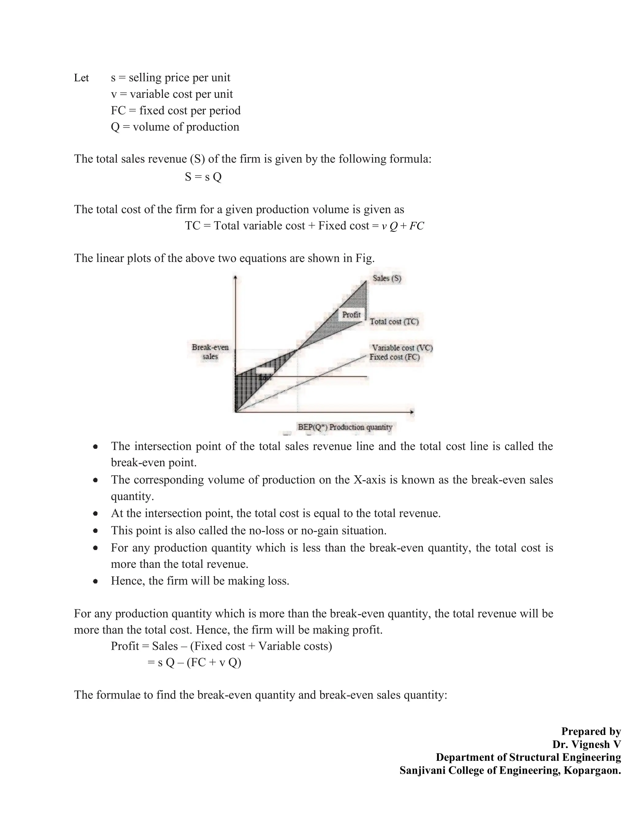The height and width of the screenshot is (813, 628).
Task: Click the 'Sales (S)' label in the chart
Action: [387, 278]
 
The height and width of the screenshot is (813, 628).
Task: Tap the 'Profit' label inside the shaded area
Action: [351, 314]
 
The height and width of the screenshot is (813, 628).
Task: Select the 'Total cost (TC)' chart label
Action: [394, 322]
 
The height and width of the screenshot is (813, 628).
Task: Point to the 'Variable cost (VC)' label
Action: [402, 348]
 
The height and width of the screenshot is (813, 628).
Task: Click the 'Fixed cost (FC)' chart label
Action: [394, 357]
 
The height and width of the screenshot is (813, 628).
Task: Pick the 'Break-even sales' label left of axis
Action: [210, 352]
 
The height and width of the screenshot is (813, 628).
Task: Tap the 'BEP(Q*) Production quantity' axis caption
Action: [345, 427]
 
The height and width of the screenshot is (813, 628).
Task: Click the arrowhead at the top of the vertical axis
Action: [235, 277]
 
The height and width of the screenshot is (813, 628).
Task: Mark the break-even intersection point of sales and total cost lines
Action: [298, 349]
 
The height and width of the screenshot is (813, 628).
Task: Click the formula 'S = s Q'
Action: [203, 176]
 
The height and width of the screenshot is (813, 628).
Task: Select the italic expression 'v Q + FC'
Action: [403, 226]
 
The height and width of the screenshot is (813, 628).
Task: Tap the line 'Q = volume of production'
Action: [175, 127]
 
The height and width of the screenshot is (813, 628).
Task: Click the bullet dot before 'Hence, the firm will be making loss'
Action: [96, 581]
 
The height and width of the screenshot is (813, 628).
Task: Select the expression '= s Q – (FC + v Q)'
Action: [194, 663]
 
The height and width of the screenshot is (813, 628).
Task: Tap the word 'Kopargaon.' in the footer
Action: [592, 770]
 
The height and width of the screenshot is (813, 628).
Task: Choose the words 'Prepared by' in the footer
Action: [591, 731]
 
